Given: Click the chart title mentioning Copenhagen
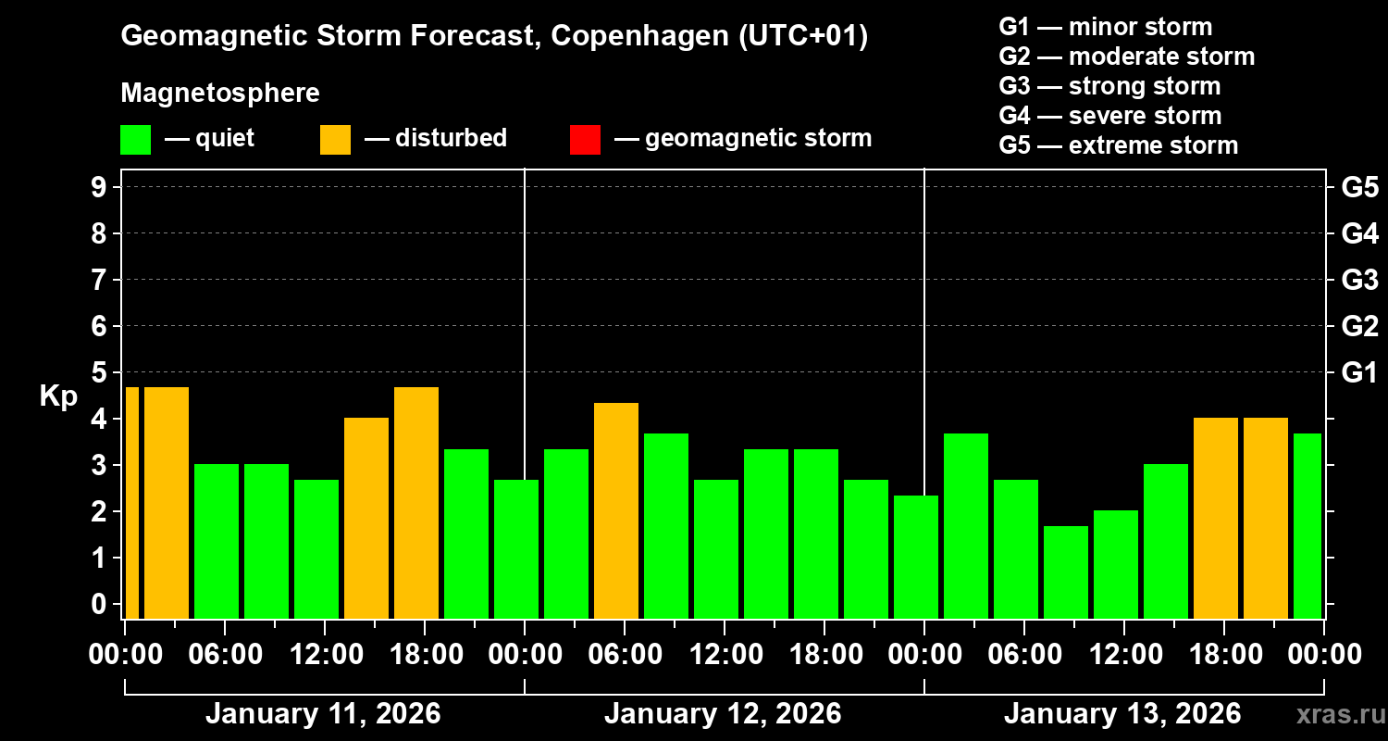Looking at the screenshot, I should click(x=494, y=36).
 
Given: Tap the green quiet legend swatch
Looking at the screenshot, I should click(x=135, y=140).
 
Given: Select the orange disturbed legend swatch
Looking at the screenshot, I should click(x=335, y=140).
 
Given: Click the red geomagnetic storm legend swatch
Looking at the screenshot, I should click(x=585, y=140).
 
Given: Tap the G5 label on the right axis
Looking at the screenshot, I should click(x=1359, y=187).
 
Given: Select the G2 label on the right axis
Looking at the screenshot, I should click(x=1359, y=326).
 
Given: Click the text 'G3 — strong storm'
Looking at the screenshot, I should click(x=1109, y=86).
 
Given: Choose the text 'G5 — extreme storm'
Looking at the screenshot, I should click(x=1118, y=145).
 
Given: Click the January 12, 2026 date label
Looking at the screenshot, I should click(x=723, y=714).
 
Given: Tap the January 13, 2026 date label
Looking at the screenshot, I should click(x=1122, y=714).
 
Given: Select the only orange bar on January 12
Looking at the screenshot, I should click(x=616, y=510).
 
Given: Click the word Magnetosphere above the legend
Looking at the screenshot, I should click(x=220, y=94).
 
